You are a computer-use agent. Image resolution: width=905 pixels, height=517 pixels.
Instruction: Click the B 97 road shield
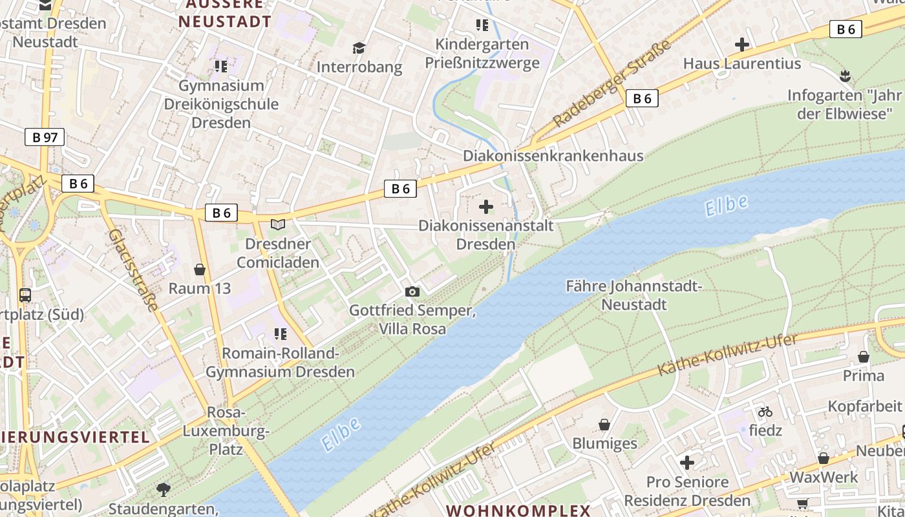click(45, 137)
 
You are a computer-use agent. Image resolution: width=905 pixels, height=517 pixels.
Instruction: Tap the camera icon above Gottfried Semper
click(412, 292)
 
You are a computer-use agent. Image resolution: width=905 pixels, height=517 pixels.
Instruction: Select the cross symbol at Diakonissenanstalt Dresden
click(486, 207)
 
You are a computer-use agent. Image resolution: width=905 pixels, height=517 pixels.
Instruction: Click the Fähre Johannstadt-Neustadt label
click(633, 295)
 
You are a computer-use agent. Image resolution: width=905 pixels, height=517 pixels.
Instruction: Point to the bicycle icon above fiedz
click(765, 411)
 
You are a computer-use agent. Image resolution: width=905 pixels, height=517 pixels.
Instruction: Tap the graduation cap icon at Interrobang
click(359, 48)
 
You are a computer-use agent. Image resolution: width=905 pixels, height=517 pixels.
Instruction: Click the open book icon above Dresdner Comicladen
click(278, 225)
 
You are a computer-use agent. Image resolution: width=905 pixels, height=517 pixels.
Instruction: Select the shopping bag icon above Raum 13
click(199, 269)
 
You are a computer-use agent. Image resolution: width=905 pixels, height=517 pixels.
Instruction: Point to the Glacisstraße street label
click(133, 270)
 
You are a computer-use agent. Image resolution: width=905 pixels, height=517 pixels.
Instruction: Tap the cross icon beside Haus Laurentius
click(742, 45)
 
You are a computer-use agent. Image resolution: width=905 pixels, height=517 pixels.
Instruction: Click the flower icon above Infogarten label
click(844, 76)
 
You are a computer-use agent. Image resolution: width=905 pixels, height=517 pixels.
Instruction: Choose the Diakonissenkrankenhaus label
click(553, 156)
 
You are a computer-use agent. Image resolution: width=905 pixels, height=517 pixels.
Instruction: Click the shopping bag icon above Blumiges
click(604, 425)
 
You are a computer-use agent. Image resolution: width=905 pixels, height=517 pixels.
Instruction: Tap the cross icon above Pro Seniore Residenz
click(687, 463)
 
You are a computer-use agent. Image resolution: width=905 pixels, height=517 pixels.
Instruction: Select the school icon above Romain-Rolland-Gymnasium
click(280, 334)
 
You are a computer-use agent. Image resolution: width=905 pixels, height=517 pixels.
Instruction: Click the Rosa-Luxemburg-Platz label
click(226, 430)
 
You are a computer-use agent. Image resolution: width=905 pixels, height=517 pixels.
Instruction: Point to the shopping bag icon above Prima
click(864, 357)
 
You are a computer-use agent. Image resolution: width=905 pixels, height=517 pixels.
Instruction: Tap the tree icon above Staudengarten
click(164, 490)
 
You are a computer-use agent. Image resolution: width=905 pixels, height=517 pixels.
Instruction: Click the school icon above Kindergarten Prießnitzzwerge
click(482, 25)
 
